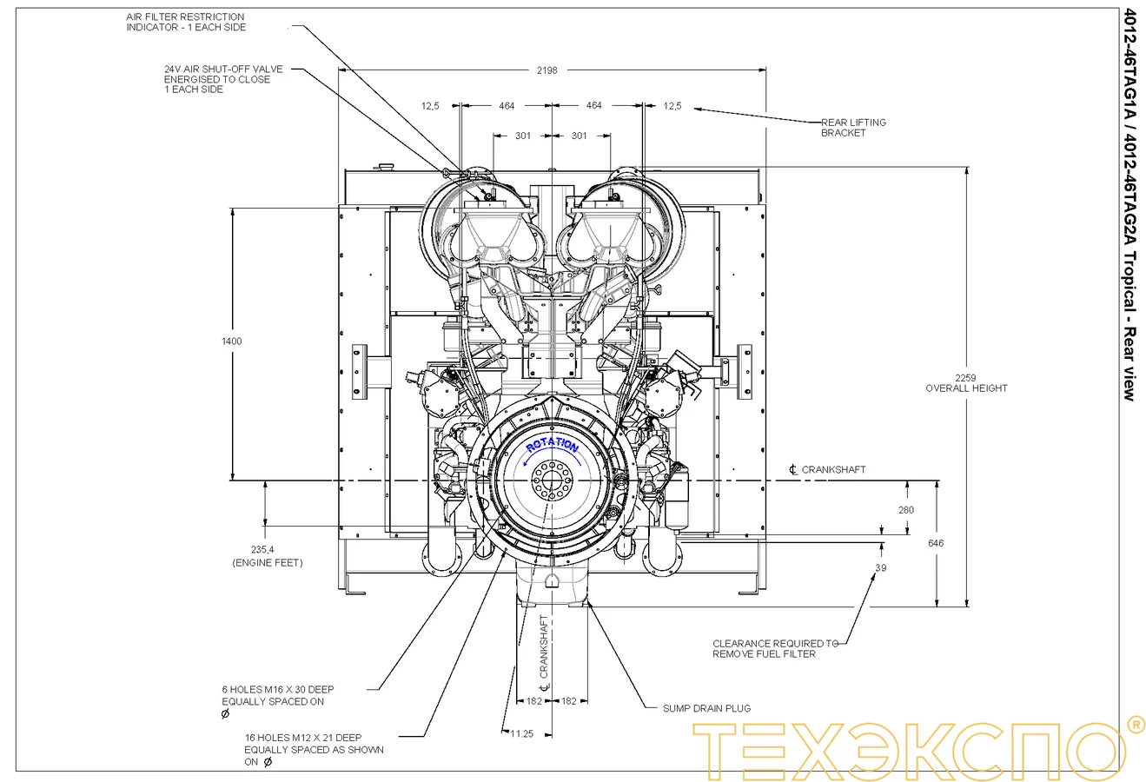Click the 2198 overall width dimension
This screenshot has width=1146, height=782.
[548, 70]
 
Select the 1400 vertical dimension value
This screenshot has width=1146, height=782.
[232, 341]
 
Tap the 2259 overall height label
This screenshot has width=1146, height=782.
[965, 383]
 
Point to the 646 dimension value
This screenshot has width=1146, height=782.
[936, 543]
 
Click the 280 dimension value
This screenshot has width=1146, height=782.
[906, 510]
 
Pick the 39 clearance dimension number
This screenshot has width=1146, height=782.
[881, 568]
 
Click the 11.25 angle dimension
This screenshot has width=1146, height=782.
[522, 733]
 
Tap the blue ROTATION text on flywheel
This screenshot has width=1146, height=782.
[552, 445]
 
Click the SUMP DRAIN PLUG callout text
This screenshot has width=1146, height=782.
[706, 708]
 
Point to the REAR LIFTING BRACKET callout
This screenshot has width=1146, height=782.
[853, 128]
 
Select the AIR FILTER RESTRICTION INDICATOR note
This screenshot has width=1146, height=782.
[186, 22]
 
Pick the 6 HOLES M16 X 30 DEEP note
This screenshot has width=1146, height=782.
[278, 695]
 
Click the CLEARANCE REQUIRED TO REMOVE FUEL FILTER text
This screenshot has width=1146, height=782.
[775, 648]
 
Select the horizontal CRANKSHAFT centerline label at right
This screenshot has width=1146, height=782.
[833, 469]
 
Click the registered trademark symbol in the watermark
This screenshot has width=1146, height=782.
[1135, 724]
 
